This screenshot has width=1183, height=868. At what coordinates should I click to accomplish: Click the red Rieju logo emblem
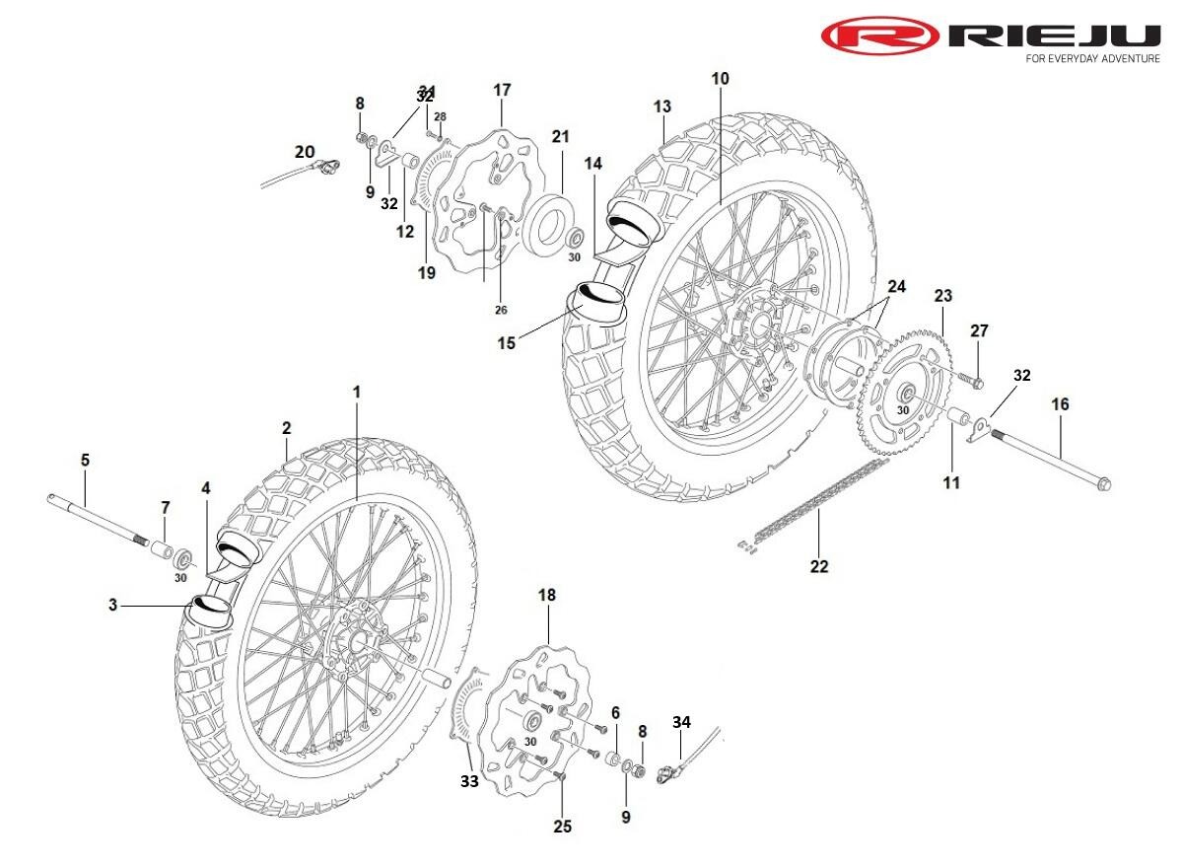click(880, 36)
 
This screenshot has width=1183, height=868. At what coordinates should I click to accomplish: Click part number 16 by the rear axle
click(1060, 404)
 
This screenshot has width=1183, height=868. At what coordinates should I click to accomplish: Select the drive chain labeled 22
click(808, 504)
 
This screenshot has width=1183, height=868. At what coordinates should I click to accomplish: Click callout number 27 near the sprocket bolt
click(978, 330)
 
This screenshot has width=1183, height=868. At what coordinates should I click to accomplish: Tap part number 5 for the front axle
click(85, 460)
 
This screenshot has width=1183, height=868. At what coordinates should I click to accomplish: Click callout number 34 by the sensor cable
click(681, 723)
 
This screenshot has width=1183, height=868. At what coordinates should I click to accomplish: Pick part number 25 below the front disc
click(562, 827)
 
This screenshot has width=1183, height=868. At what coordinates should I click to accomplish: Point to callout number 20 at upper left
click(305, 152)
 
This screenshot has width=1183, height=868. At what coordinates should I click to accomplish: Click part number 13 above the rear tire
click(661, 107)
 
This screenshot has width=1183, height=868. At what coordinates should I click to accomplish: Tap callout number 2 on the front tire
click(287, 428)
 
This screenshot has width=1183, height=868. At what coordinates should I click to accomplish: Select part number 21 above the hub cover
click(560, 136)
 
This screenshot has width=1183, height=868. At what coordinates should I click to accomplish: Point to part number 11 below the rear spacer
click(951, 483)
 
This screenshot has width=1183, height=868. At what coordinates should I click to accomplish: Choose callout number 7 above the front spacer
click(166, 507)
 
